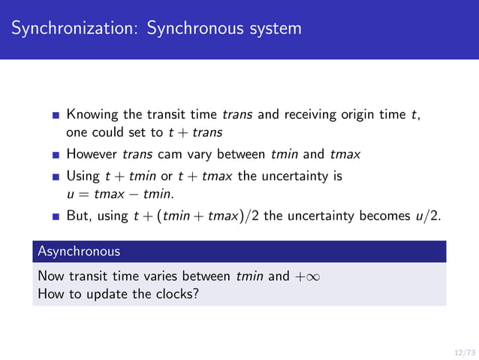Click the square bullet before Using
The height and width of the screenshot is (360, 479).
tap(56, 177)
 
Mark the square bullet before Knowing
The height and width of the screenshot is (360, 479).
tap(56, 116)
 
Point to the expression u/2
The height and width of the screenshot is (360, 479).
tap(427, 217)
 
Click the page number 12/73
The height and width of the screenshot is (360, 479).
tap(464, 352)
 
